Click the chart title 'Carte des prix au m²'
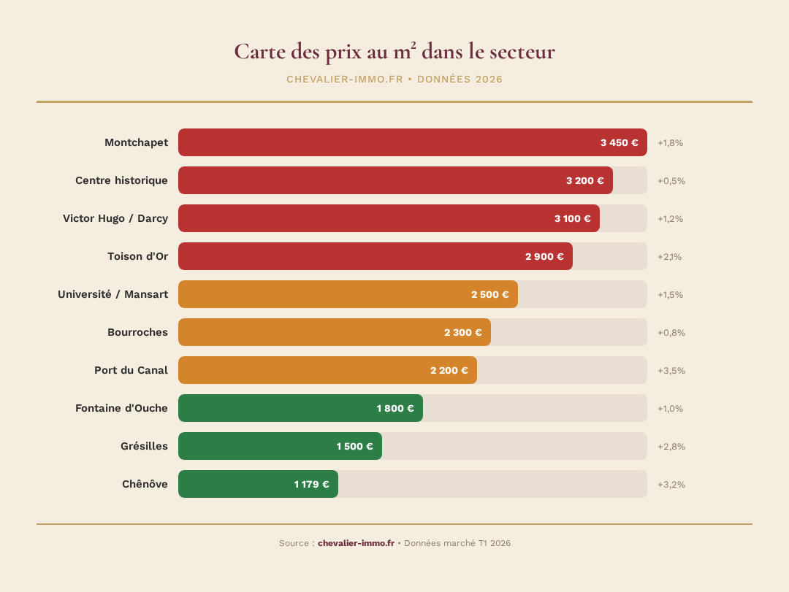[394, 52]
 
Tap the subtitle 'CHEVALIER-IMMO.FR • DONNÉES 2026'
[394, 79]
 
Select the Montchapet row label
[136, 142]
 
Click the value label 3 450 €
[619, 142]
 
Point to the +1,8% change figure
[670, 142]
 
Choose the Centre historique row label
[121, 180]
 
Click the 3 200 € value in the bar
[584, 180]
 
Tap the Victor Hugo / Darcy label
[115, 218]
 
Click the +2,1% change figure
[669, 256]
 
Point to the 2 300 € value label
[462, 332]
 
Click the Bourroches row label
[137, 332]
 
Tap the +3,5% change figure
[671, 370]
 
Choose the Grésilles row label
[144, 446]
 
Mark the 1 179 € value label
[311, 484]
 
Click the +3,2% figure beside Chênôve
[671, 484]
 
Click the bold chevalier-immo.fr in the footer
[356, 543]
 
